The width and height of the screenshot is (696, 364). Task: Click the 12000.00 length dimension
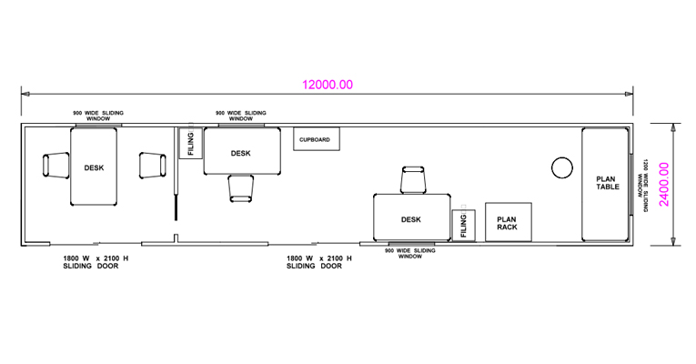pyautogui.click(x=328, y=85)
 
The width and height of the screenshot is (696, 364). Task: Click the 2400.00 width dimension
pyautogui.click(x=664, y=184)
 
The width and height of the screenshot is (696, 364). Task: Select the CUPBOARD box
pyautogui.click(x=317, y=139)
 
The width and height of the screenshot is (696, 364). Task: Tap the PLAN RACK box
pyautogui.click(x=509, y=222)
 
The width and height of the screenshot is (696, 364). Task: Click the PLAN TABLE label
pyautogui.click(x=607, y=183)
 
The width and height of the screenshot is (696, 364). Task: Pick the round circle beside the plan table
pyautogui.click(x=562, y=167)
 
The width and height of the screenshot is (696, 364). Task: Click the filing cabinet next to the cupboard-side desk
pyautogui.click(x=190, y=143)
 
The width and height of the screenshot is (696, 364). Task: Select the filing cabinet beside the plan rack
pyautogui.click(x=463, y=226)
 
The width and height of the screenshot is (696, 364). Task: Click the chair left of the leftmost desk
pyautogui.click(x=55, y=166)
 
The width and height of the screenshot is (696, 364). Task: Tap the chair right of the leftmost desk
pyautogui.click(x=153, y=166)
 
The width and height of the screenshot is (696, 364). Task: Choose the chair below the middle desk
pyautogui.click(x=241, y=188)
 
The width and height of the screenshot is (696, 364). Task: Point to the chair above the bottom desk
pyautogui.click(x=413, y=180)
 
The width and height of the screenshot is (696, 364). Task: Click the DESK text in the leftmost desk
pyautogui.click(x=94, y=167)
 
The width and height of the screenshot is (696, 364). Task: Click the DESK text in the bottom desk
pyautogui.click(x=411, y=219)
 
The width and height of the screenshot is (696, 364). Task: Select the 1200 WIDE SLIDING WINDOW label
pyautogui.click(x=642, y=185)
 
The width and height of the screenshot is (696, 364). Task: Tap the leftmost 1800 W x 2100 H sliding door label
pyautogui.click(x=96, y=262)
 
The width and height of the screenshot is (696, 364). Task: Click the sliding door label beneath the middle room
pyautogui.click(x=318, y=262)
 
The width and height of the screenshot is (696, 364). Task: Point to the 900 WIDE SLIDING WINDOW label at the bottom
pyautogui.click(x=410, y=254)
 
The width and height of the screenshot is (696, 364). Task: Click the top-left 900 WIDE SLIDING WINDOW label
pyautogui.click(x=98, y=116)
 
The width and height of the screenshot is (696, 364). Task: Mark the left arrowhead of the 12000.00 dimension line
pyautogui.click(x=25, y=94)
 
